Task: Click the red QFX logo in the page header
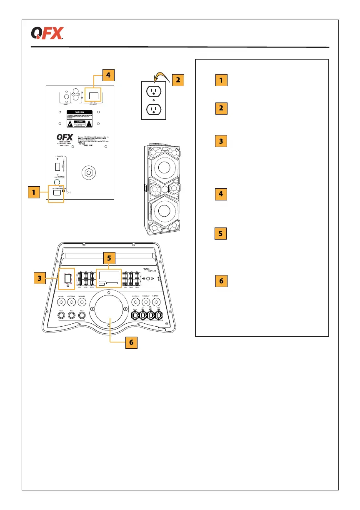pyautogui.click(x=47, y=33)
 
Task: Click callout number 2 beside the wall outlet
pyautogui.click(x=177, y=80)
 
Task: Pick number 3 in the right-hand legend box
pyautogui.click(x=221, y=141)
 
